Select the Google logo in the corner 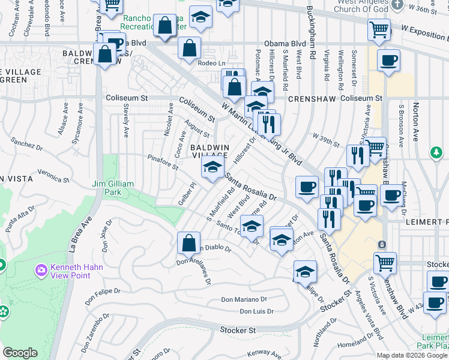20,353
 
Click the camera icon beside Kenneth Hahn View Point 41,271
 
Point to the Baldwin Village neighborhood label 209,151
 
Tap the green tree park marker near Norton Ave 436,153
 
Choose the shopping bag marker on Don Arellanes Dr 188,243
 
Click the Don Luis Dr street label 256,311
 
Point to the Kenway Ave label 264,352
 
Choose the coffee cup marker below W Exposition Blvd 388,61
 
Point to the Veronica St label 49,175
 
